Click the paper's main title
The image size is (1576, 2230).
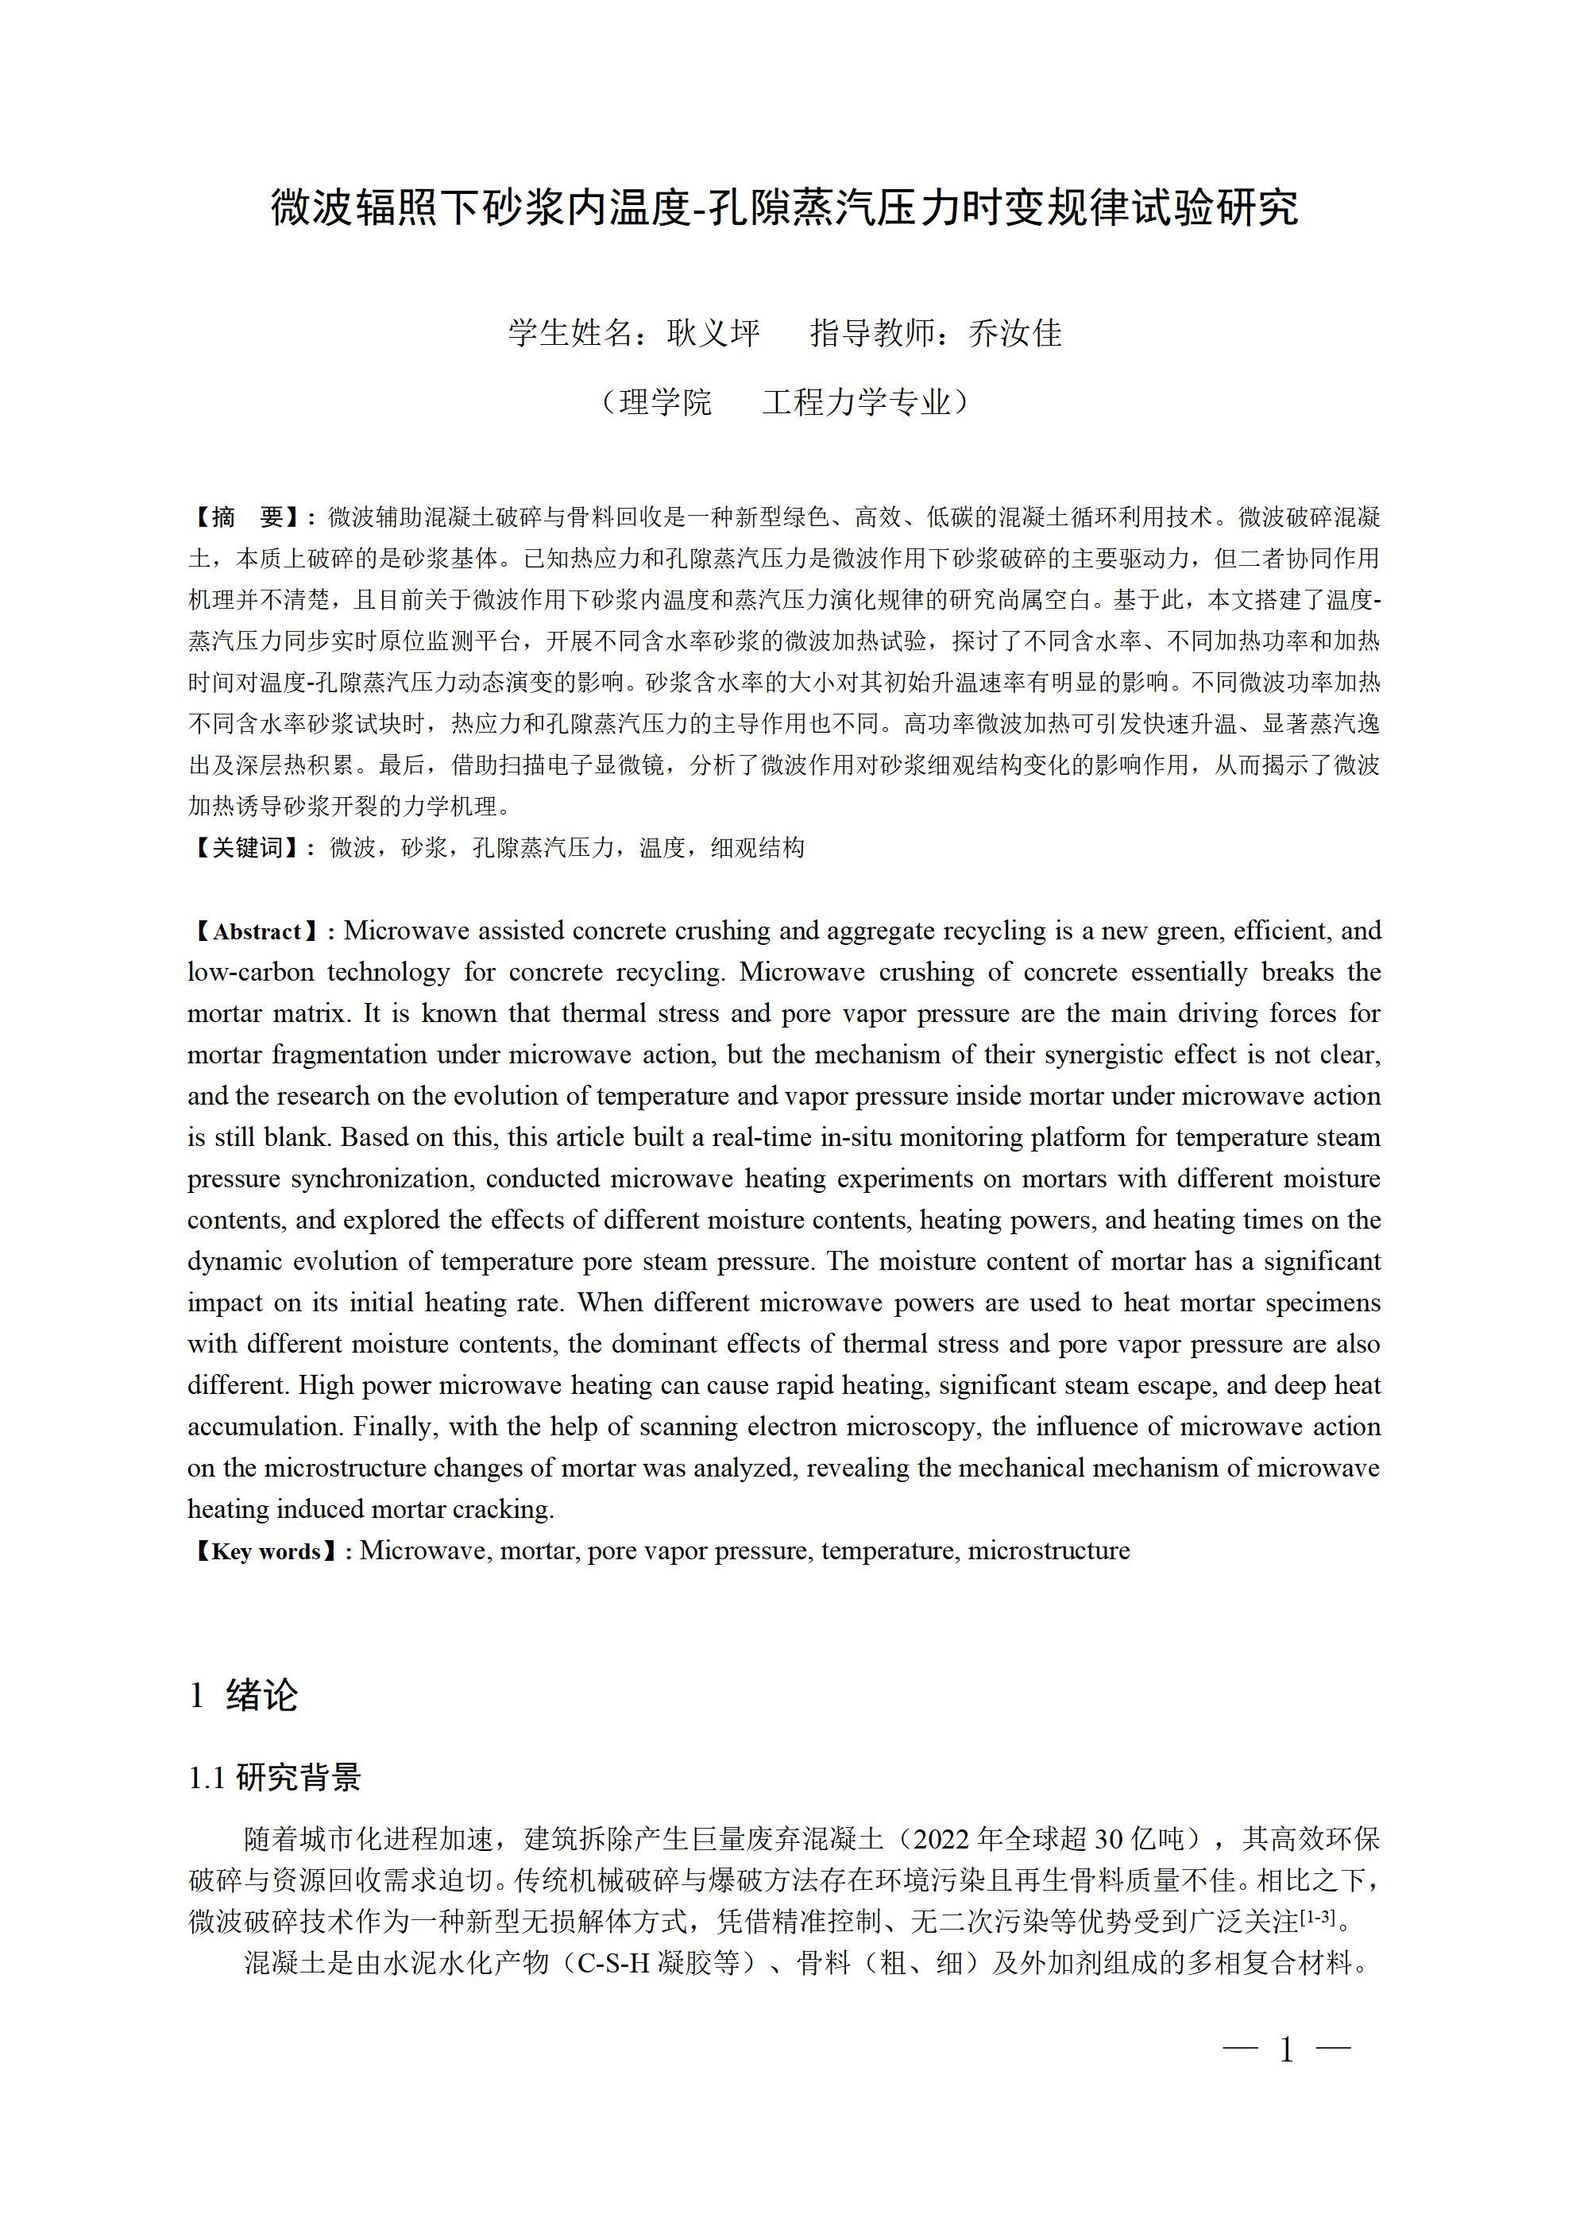(x=785, y=209)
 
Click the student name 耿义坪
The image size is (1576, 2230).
(x=713, y=333)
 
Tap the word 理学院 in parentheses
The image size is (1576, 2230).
(x=665, y=401)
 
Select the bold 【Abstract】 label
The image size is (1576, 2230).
(x=257, y=931)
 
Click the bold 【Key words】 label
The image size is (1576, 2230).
(x=265, y=1551)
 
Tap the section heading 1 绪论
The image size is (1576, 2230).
(x=243, y=1696)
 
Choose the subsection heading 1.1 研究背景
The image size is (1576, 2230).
(x=275, y=1777)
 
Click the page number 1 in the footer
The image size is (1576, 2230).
(x=1288, y=2050)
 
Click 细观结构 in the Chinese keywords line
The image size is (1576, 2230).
(x=757, y=848)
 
